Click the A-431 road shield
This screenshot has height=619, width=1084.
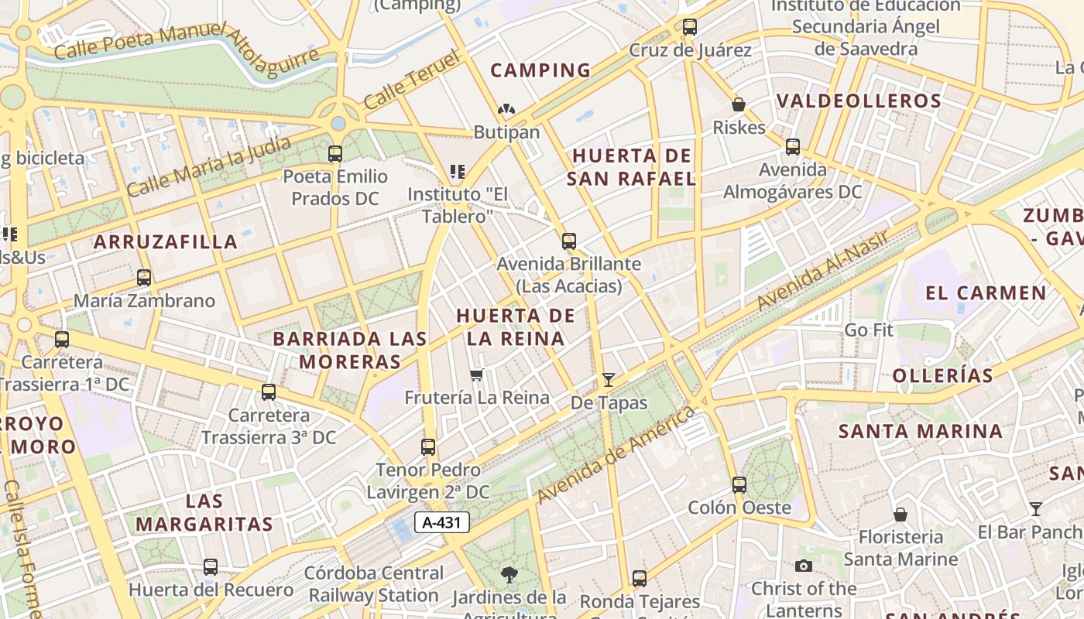pos(441,522)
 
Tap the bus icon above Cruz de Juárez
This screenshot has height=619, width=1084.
pos(689,27)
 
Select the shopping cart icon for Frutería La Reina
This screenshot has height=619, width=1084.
pos(476,375)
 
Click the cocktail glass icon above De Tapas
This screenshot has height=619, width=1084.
pos(609,379)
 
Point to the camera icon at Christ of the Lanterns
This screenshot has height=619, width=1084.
pos(804,566)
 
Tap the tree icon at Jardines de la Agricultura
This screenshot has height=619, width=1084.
pos(509,575)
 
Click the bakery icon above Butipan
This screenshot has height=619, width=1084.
pos(506,110)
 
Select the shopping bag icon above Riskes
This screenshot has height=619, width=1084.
pos(739,104)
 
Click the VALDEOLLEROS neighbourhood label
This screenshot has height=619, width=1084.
pos(859,101)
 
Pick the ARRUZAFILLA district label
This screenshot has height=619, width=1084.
pos(166,241)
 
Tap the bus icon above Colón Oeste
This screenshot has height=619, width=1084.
pos(739,485)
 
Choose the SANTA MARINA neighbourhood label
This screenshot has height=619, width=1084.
pos(921,431)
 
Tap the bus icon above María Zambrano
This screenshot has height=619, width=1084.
pos(144,278)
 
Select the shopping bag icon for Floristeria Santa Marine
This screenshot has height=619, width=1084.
pos(900,515)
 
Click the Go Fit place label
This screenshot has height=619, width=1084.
pos(869,330)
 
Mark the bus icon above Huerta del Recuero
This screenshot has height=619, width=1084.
pos(211,567)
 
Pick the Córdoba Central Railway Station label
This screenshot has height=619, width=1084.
pos(376,584)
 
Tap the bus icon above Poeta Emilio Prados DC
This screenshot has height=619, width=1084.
pos(335,154)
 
